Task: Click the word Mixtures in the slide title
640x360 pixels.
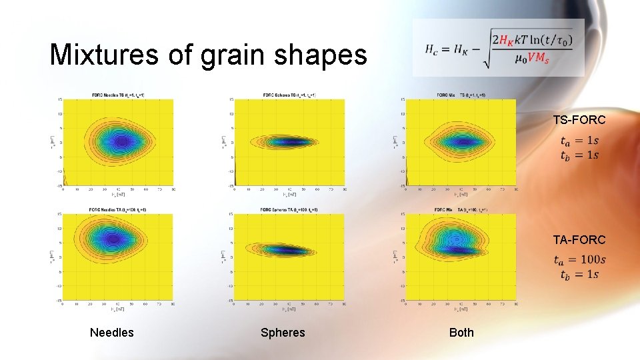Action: click(103, 55)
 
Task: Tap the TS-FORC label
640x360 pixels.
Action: click(579, 120)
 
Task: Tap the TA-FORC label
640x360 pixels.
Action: click(579, 239)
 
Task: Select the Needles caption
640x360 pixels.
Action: click(111, 333)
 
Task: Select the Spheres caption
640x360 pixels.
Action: click(283, 333)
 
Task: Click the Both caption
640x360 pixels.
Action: click(461, 333)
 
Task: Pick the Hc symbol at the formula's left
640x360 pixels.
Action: click(433, 49)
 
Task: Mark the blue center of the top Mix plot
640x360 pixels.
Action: click(460, 141)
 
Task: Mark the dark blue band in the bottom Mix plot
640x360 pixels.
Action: click(460, 249)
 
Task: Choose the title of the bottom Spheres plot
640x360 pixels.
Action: click(289, 210)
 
